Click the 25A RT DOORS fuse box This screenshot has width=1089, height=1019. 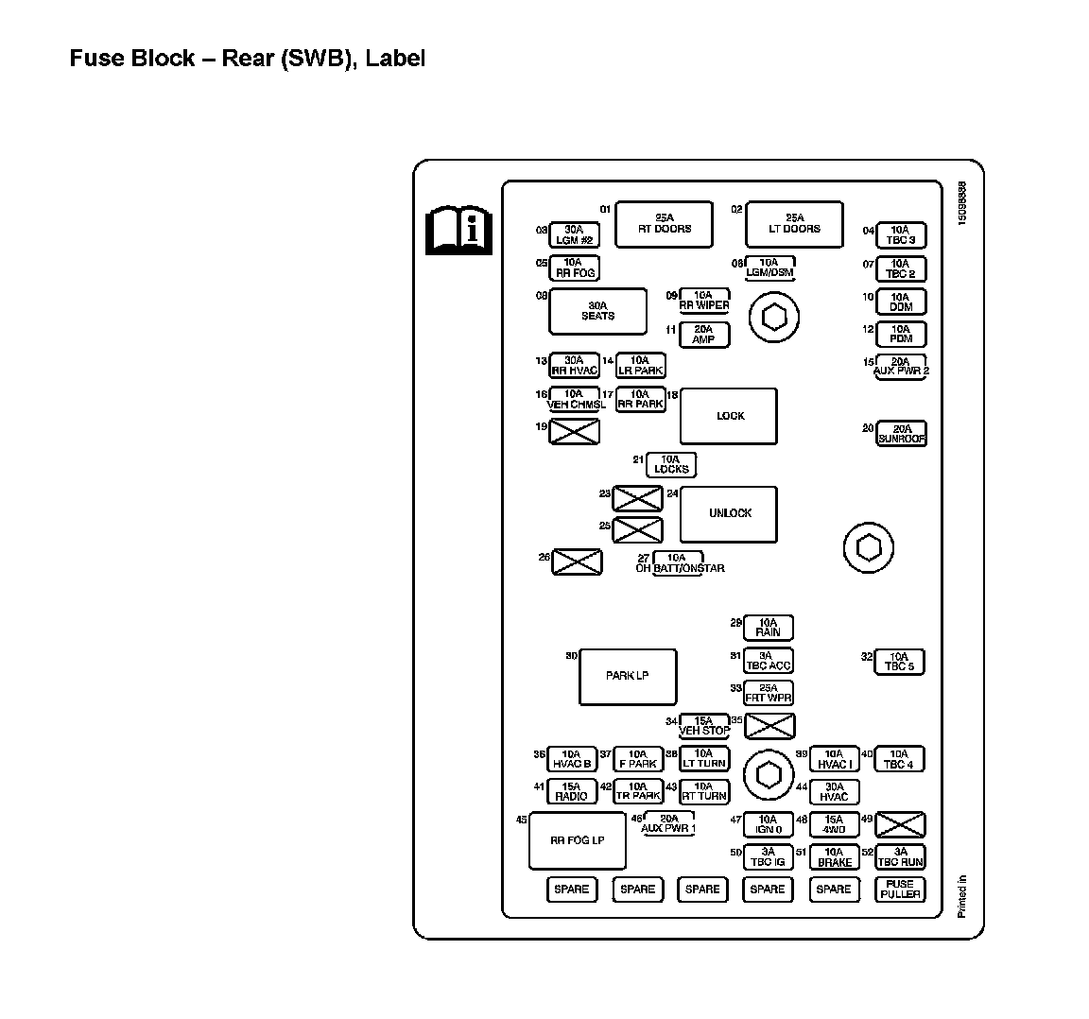664,224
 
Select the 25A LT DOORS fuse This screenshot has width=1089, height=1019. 794,224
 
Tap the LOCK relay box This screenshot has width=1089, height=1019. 729,416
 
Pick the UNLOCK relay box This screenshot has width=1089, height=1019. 729,514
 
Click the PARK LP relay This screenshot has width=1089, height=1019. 628,677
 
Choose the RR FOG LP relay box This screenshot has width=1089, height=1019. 577,840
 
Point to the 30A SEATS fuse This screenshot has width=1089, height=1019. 597,312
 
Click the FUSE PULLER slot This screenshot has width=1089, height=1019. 900,889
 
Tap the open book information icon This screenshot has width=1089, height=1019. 459,229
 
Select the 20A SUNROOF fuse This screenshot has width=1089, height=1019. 901,434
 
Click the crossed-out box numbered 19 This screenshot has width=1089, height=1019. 575,432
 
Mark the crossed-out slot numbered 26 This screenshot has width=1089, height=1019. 577,562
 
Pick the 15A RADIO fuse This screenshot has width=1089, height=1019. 572,791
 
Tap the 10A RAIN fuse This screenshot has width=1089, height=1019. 769,628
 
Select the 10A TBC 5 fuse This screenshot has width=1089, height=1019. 899,662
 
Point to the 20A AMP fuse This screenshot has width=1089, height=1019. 704,335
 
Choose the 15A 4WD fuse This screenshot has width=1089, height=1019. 833,825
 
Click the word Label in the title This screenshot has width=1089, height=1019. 396,59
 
